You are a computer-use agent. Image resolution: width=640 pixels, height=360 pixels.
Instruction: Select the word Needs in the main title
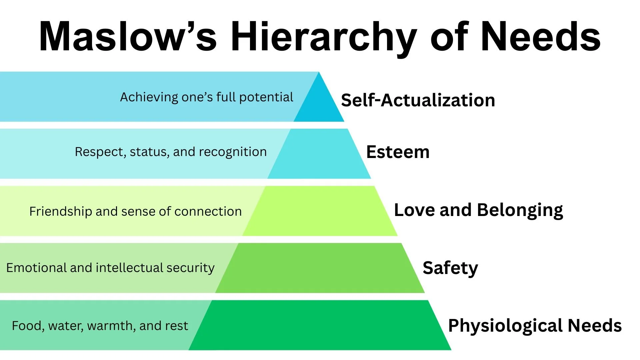[540, 37]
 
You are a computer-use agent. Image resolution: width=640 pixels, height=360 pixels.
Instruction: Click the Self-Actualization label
[418, 100]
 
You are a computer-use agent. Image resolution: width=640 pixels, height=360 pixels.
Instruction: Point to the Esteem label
[398, 152]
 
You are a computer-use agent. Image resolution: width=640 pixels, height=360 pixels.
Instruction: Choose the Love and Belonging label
[478, 210]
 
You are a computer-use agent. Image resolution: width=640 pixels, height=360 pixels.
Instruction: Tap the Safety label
[450, 268]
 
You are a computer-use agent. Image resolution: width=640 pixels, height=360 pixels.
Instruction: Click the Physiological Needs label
[535, 326]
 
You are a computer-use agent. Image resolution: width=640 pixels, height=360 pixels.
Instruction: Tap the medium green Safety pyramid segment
[320, 268]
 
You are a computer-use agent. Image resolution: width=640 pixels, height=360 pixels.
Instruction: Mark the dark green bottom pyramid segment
[320, 325]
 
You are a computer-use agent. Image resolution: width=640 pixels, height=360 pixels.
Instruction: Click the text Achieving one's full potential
[206, 97]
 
